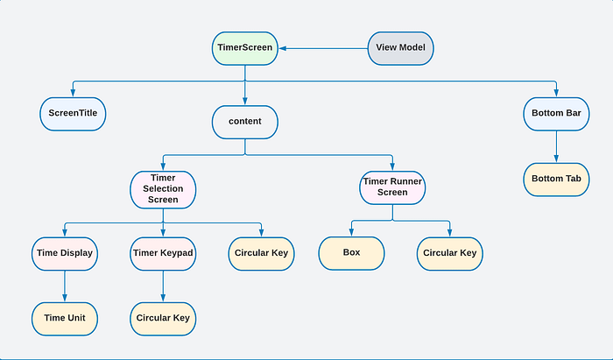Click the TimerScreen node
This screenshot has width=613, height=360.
tap(245, 48)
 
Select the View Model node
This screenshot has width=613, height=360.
tap(401, 48)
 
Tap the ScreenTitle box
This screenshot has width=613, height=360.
tap(73, 114)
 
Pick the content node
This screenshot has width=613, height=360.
tap(245, 122)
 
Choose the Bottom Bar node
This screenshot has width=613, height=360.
tap(556, 114)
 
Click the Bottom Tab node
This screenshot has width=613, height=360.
tap(556, 180)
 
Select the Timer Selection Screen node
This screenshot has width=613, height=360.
tap(163, 189)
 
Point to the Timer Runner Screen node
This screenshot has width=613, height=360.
tap(392, 187)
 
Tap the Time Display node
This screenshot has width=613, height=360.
tap(65, 254)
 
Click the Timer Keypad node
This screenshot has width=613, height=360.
tap(163, 254)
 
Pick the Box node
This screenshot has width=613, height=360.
tap(351, 253)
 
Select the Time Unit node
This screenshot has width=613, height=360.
tap(65, 319)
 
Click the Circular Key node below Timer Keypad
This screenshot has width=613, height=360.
tap(163, 319)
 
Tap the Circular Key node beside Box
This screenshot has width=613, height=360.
tap(450, 254)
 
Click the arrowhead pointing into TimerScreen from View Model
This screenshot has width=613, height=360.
tap(283, 48)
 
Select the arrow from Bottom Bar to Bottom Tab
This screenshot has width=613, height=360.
tap(556, 146)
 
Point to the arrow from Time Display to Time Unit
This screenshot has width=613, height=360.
tap(65, 286)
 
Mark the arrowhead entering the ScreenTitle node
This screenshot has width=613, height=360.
tap(73, 93)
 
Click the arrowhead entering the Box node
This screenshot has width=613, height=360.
tap(351, 232)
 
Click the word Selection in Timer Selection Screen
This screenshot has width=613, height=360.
tap(163, 189)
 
